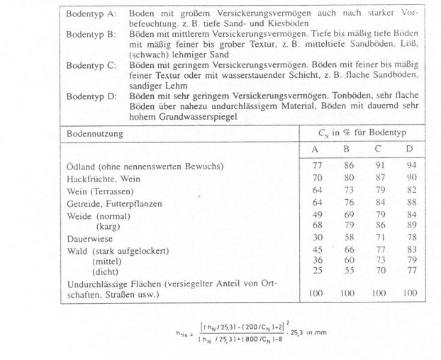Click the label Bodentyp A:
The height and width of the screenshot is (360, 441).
91,13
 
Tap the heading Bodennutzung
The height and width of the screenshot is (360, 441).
94,133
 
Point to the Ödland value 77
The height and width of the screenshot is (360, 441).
318,166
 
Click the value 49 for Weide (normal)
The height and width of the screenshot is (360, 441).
318,215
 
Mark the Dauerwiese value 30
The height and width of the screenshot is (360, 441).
318,239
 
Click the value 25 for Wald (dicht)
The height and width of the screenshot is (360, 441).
318,271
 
